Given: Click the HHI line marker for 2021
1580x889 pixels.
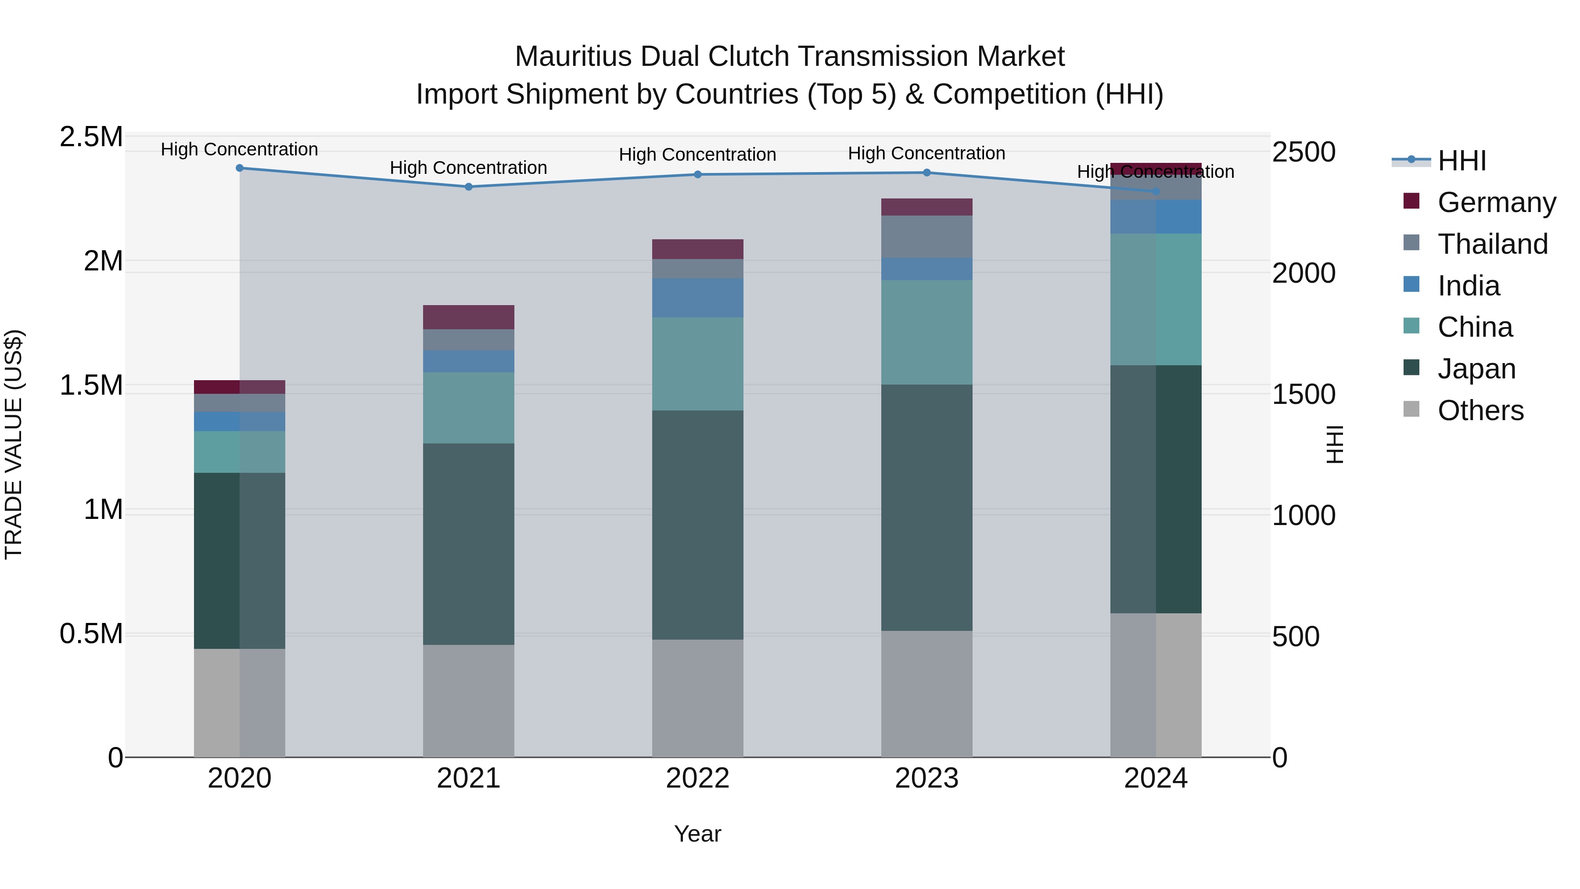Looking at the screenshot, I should pos(469,187).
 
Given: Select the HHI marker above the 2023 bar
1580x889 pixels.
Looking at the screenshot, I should pos(927,173).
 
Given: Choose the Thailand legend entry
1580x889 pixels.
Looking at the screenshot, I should pos(1492,244).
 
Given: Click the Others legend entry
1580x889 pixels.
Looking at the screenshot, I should pos(1479,410).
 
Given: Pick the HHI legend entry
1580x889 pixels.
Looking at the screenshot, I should pos(1461,161).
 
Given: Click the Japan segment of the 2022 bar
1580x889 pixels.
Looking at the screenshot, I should pos(697,525).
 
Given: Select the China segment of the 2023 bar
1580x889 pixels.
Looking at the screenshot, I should pos(927,332).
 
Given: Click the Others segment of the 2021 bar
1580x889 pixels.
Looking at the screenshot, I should pos(469,700).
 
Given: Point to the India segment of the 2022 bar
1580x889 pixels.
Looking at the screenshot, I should pos(697,298).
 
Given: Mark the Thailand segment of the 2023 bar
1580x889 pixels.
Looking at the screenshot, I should pos(927,236).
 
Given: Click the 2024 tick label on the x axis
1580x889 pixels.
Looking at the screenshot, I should pos(1156,778).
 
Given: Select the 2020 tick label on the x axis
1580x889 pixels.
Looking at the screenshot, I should pos(239,778).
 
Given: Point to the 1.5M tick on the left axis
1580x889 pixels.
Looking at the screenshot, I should pos(91,385).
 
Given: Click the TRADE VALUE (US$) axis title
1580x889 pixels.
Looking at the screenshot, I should pos(14,444).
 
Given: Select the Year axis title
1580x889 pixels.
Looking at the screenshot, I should pos(697,834).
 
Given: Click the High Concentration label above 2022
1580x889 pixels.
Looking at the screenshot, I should pos(697,155).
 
